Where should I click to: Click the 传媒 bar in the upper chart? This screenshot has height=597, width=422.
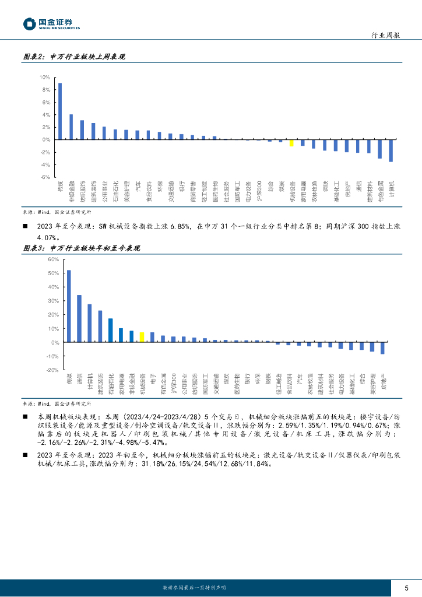tap(60, 111)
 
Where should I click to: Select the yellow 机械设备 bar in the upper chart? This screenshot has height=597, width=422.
tap(291, 143)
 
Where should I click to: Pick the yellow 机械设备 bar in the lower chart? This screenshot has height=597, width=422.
tap(142, 337)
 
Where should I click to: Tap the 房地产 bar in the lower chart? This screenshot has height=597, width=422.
tap(382, 348)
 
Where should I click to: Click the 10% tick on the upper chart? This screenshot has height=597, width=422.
tap(44, 78)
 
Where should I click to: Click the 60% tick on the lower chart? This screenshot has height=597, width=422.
tap(52, 259)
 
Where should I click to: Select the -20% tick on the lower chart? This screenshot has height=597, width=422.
tap(52, 370)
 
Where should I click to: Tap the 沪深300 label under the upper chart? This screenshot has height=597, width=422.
tap(259, 191)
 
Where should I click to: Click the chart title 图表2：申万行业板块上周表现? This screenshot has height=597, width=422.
tap(74, 57)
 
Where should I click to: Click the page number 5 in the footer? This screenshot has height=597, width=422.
tap(406, 587)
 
